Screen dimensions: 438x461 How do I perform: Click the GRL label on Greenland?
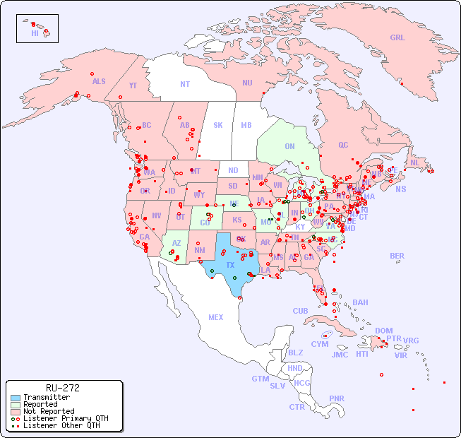(397, 38)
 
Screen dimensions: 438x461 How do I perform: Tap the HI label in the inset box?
(35, 33)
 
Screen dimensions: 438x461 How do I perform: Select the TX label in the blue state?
(230, 265)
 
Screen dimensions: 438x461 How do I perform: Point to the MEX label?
(216, 317)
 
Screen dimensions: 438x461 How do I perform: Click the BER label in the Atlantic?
(397, 256)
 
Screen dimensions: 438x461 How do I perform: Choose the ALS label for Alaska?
(99, 81)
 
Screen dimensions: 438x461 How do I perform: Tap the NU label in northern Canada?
(247, 83)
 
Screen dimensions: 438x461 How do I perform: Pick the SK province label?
(218, 125)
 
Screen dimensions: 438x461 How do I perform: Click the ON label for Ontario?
(289, 146)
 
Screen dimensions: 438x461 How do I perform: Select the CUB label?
(300, 311)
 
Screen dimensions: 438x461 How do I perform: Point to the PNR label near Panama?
(337, 398)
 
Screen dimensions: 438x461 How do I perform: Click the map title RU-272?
(63, 388)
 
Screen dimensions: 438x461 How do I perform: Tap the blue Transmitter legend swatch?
(16, 398)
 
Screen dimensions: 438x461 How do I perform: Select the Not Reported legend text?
(49, 411)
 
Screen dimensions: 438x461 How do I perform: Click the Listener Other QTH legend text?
(61, 425)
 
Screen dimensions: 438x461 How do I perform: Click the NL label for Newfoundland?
(414, 162)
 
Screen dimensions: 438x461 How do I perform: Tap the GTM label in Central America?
(260, 379)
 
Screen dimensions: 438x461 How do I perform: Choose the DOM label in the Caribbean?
(383, 331)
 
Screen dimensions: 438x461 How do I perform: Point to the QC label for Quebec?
(343, 145)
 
